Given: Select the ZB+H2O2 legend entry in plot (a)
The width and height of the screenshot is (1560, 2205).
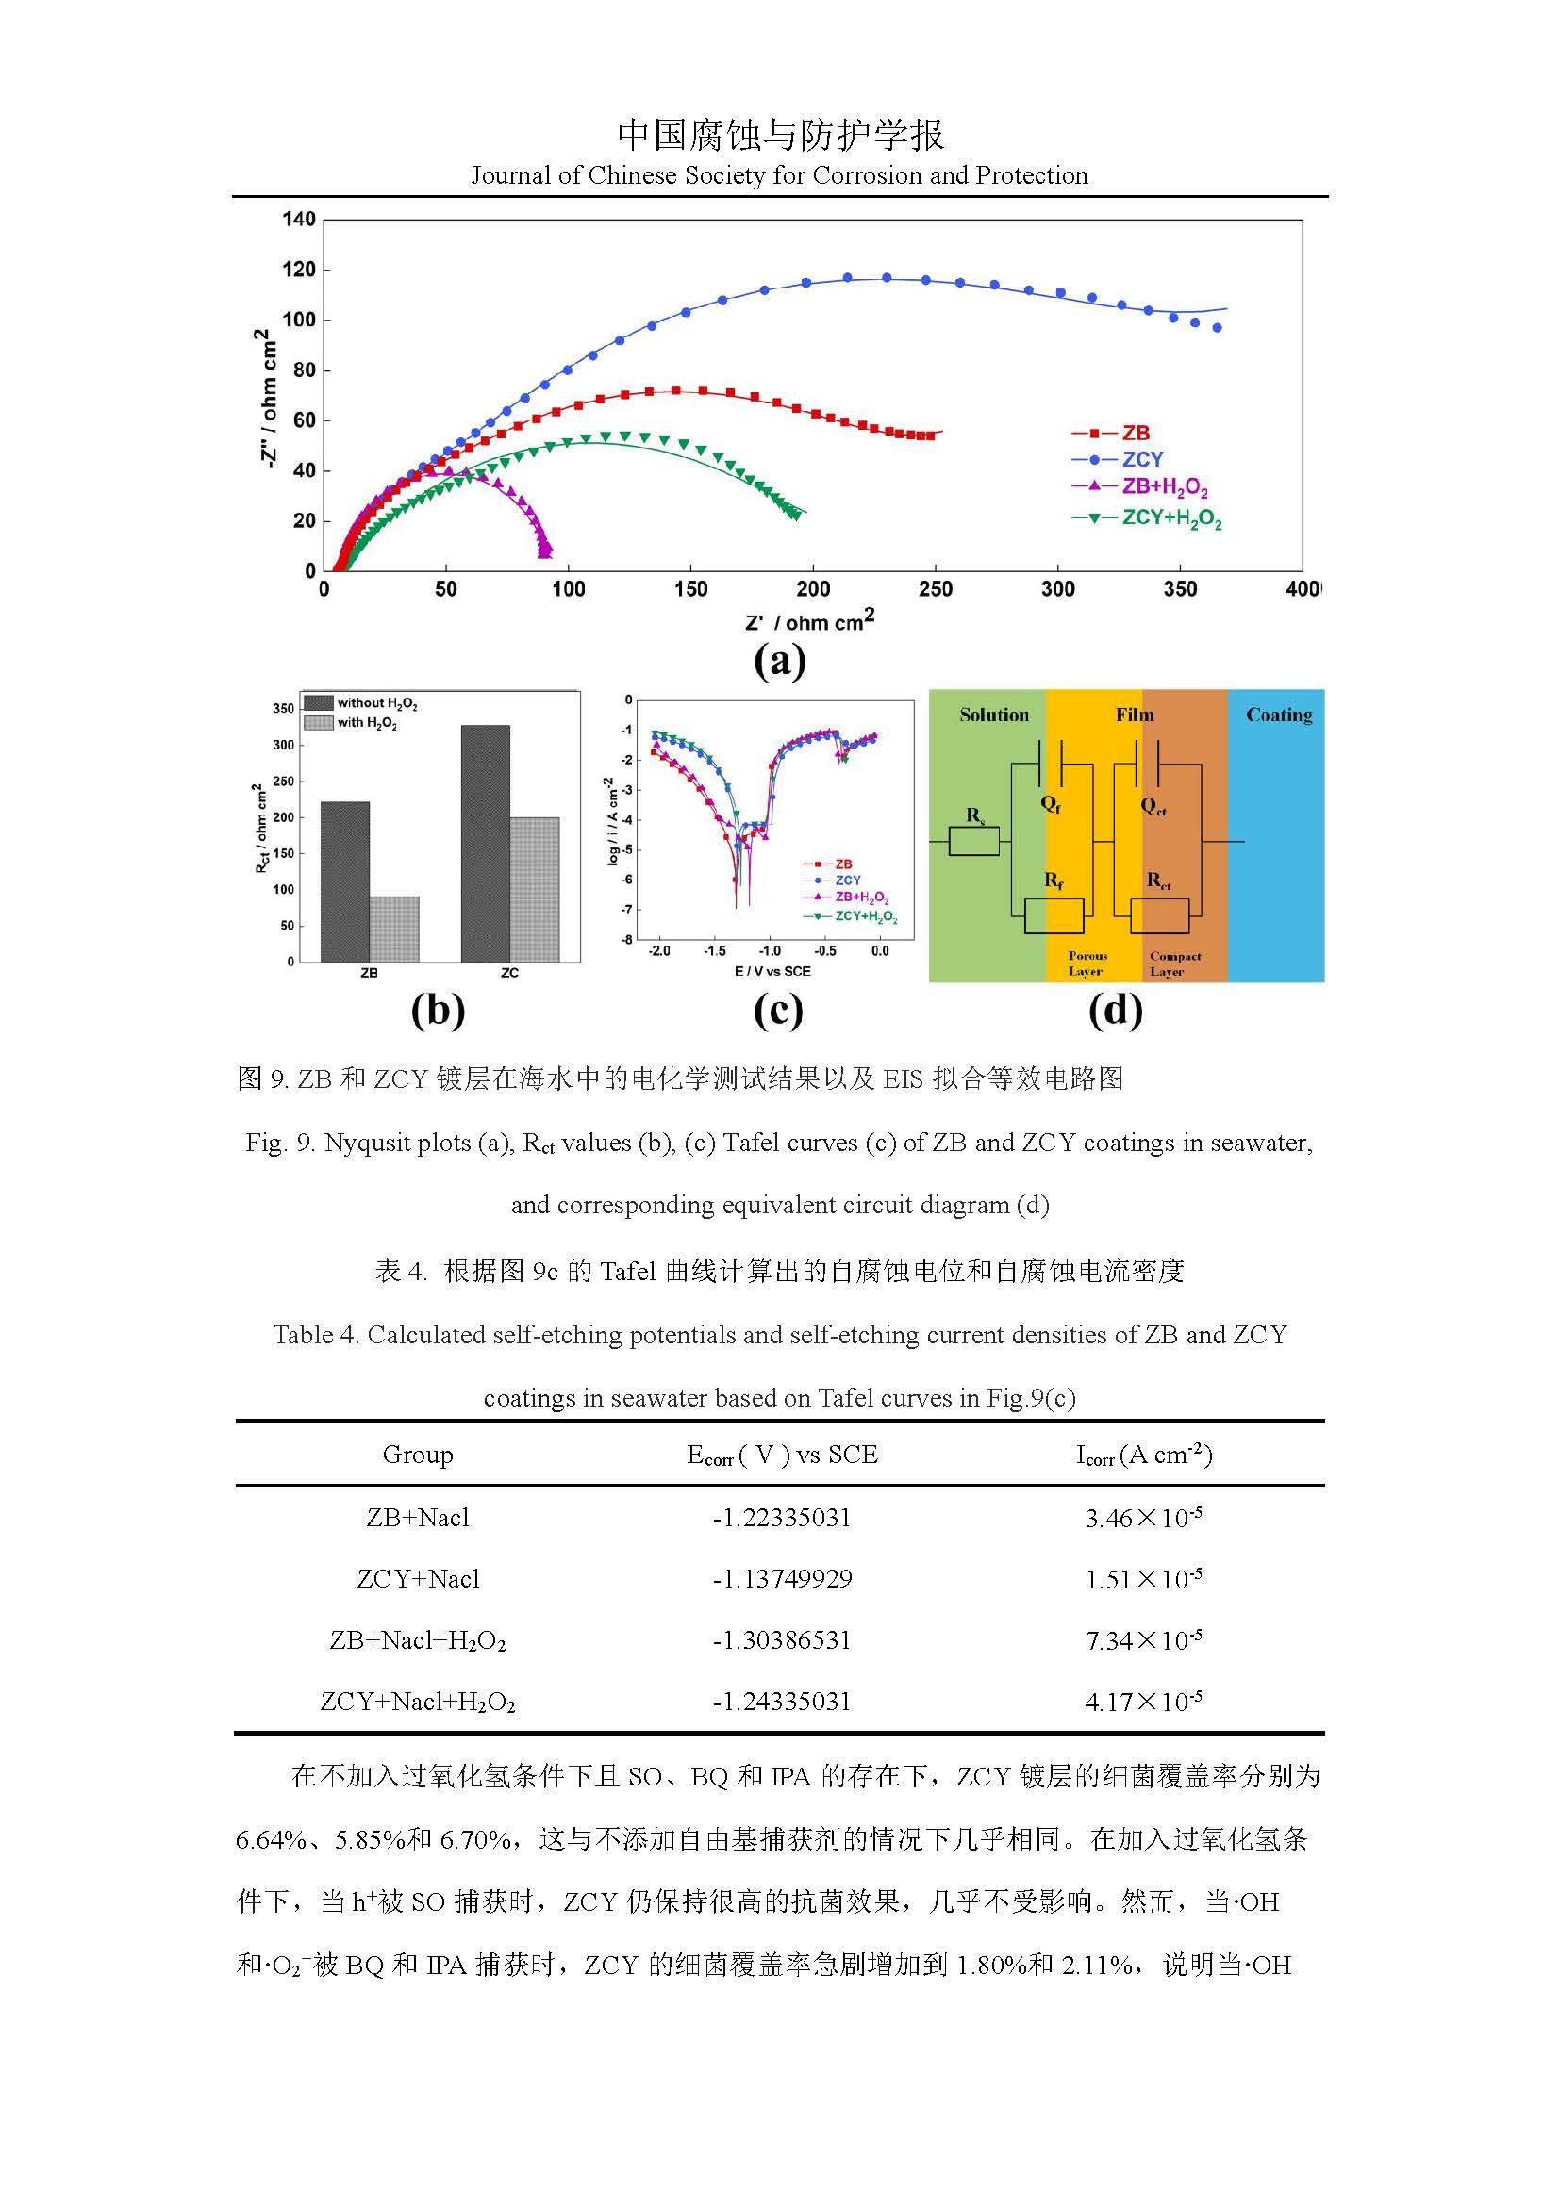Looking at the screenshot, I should click(1163, 488).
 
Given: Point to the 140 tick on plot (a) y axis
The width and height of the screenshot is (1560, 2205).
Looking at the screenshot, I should click(299, 220).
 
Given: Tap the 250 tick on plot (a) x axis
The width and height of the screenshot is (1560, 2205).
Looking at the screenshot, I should click(935, 588).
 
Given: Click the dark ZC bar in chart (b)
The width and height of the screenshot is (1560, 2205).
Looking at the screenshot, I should click(485, 843).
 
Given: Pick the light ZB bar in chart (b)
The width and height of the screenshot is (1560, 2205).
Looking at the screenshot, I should click(394, 929).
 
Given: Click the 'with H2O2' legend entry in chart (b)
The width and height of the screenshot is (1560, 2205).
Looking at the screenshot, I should click(366, 723).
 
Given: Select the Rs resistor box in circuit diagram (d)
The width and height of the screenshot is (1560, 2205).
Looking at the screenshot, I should click(974, 842).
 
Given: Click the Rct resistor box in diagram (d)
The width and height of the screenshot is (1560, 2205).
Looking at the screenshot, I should click(1159, 915).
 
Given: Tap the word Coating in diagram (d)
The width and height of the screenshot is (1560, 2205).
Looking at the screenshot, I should click(1279, 715).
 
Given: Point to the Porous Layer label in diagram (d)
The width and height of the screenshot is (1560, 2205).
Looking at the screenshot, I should click(1087, 963).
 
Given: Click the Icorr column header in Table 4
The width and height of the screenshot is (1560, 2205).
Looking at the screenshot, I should click(1143, 1456).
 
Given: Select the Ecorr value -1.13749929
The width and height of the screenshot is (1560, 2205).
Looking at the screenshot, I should click(781, 1579).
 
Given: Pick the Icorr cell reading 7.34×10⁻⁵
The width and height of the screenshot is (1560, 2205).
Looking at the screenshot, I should click(1143, 1640).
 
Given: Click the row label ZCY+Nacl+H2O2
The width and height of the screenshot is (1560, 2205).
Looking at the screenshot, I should click(417, 1702).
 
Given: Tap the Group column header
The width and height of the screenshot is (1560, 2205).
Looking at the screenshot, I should click(417, 1455).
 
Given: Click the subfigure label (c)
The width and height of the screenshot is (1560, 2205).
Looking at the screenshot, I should click(777, 1011).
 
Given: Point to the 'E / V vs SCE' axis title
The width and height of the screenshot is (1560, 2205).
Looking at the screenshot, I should click(772, 971).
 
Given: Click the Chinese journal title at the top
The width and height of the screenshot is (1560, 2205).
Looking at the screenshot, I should click(780, 135).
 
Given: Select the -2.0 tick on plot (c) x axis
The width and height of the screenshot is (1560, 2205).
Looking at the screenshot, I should click(659, 951).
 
